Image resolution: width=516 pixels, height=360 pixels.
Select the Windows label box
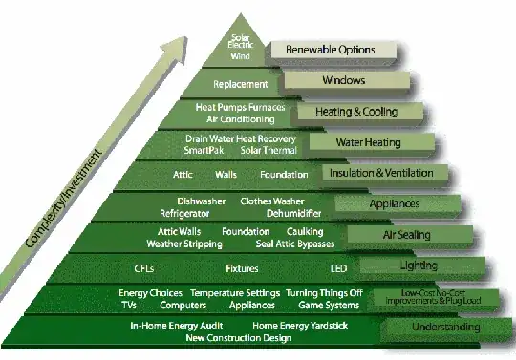(344, 80)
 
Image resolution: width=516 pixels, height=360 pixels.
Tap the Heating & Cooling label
(355, 112)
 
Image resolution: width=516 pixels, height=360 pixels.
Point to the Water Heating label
(368, 142)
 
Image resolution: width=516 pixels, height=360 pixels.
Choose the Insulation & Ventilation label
(386, 173)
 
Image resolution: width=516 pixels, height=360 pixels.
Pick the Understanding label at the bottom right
(445, 328)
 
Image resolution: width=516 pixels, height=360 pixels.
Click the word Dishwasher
(199, 201)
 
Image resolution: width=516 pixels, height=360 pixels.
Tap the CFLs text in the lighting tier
(145, 268)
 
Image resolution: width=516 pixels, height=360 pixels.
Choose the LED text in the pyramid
(338, 268)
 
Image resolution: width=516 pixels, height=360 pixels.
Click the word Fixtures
(242, 268)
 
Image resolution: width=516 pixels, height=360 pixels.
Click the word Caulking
(305, 232)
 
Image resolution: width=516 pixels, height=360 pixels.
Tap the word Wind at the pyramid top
(241, 56)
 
